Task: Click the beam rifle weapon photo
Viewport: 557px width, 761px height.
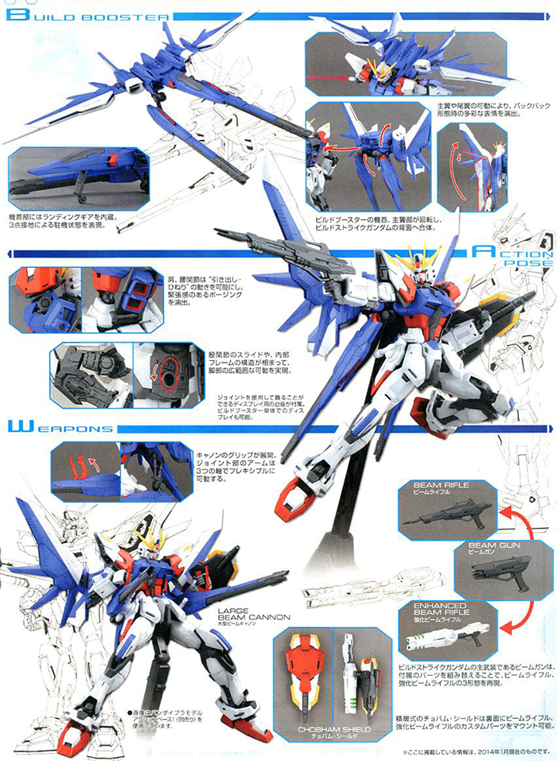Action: (x=446, y=516)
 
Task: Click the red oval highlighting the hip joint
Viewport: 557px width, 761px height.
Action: (x=169, y=370)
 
